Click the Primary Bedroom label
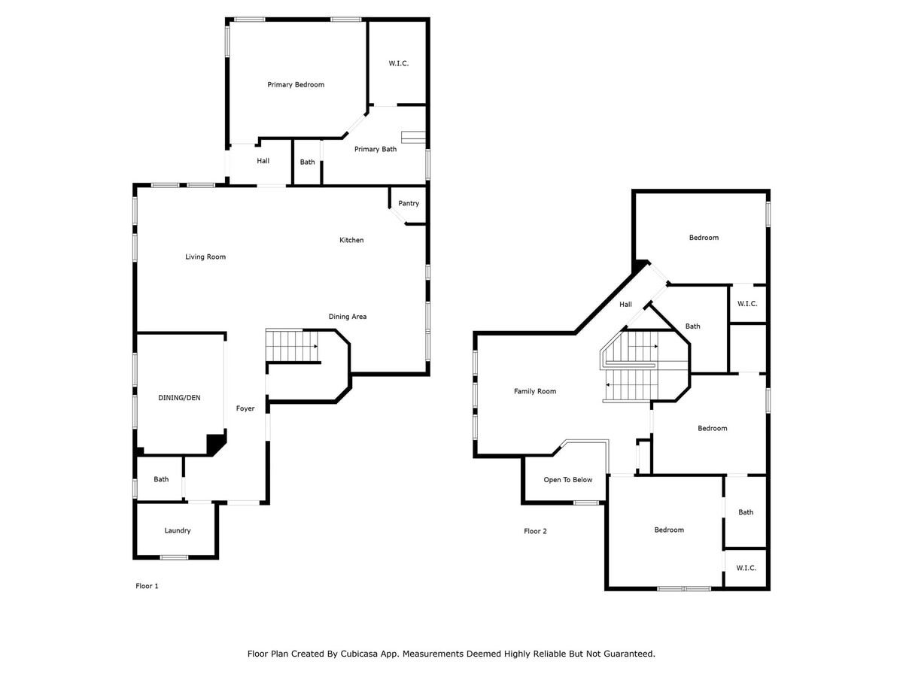pyautogui.click(x=296, y=85)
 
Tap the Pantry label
pyautogui.click(x=408, y=203)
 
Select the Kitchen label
pyautogui.click(x=351, y=240)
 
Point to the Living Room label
pyautogui.click(x=205, y=257)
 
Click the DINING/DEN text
pyautogui.click(x=179, y=397)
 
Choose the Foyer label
pyautogui.click(x=245, y=408)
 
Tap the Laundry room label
pyautogui.click(x=178, y=530)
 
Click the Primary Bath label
pyautogui.click(x=375, y=149)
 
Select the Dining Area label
pyautogui.click(x=347, y=317)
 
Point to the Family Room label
pyautogui.click(x=535, y=391)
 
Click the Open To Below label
pyautogui.click(x=567, y=480)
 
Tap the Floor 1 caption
pyautogui.click(x=147, y=586)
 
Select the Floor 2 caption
pyautogui.click(x=535, y=531)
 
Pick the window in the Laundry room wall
pyautogui.click(x=174, y=557)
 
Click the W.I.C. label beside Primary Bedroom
pyautogui.click(x=399, y=63)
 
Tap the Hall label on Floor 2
pyautogui.click(x=625, y=304)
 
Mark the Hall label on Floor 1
pyautogui.click(x=263, y=161)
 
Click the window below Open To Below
pyautogui.click(x=586, y=502)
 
